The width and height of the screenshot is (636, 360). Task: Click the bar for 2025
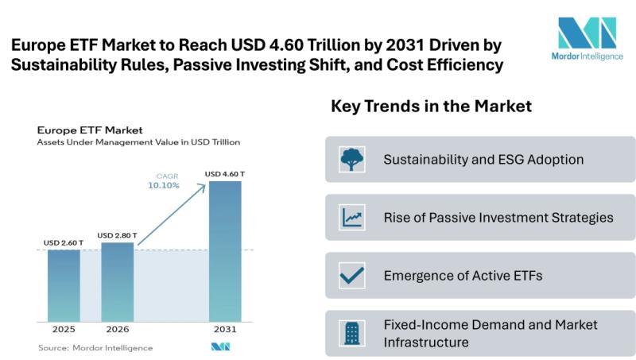tap(64, 285)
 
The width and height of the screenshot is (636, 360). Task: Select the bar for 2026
tap(118, 281)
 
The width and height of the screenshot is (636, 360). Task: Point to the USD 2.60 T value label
tap(63, 242)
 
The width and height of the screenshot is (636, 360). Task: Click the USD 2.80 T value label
tap(118, 235)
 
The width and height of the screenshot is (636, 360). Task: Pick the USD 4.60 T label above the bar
tap(224, 173)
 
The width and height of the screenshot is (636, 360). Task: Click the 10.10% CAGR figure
tap(165, 185)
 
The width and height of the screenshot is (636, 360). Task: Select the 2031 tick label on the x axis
tap(224, 329)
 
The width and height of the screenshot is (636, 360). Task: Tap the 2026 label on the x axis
tap(118, 329)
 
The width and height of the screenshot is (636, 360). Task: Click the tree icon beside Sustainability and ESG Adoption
tap(351, 160)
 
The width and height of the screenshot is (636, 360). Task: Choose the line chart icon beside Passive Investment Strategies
tap(351, 217)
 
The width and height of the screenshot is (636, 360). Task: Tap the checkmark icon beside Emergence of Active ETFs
tap(351, 275)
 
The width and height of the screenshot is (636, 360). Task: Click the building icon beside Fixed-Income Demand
tap(351, 333)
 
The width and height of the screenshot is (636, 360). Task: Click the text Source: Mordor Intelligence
tap(95, 347)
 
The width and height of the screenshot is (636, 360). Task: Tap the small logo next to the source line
tap(220, 347)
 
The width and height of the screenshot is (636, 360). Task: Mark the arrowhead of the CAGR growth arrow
tap(205, 184)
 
